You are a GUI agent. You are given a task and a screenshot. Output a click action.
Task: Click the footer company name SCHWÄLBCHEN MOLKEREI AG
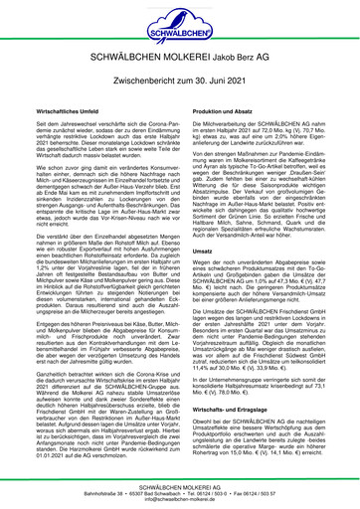[180, 483]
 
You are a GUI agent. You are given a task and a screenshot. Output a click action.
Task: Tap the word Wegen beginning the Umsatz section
[200, 278]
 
